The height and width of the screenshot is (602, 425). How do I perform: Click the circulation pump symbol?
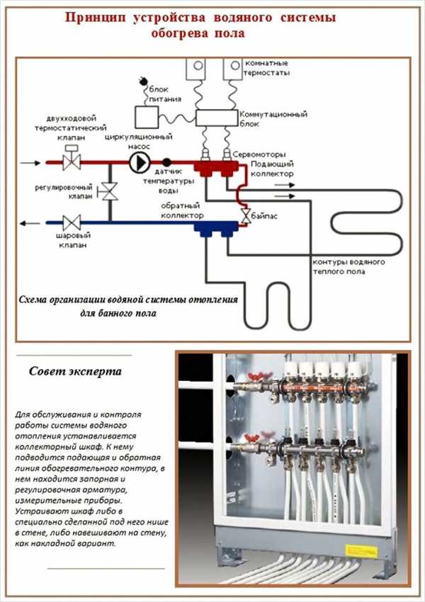click(x=137, y=162)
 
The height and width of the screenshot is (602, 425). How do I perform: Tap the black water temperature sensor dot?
click(x=167, y=162)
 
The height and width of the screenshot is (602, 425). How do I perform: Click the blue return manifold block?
click(x=215, y=227)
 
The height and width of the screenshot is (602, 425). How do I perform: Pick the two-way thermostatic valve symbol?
click(x=71, y=161)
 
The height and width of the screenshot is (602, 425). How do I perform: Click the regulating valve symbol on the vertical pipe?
click(x=108, y=191)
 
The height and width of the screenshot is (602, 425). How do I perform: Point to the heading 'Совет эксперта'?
click(x=75, y=371)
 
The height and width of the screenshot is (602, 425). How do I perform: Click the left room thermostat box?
click(x=195, y=68)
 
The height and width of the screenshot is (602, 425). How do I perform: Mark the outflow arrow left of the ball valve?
click(x=29, y=222)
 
